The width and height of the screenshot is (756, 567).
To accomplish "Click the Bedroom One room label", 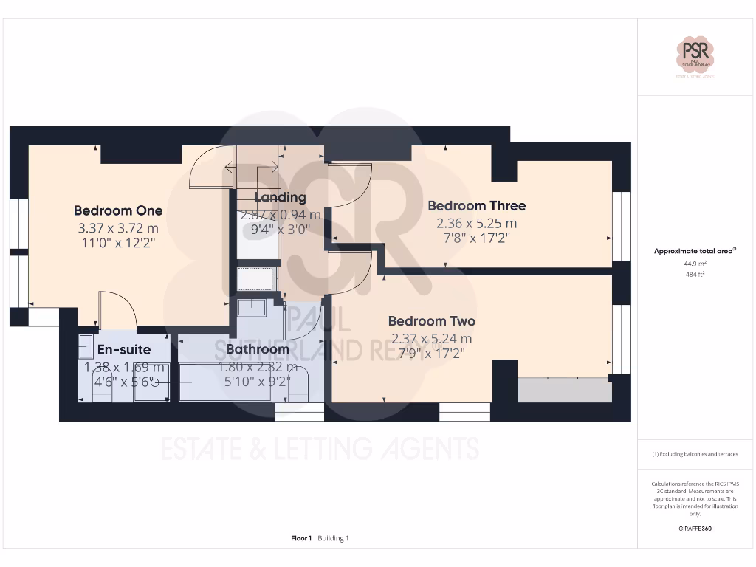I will pos(118,210).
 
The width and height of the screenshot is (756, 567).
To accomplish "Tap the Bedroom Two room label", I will pos(432,321).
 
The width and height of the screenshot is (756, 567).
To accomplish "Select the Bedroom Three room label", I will pos(476,206).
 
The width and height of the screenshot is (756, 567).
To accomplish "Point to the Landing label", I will pos(280,197).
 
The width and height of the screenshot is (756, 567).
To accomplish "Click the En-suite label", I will pos(124,349).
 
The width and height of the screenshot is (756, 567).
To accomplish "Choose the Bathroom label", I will pos(257,349).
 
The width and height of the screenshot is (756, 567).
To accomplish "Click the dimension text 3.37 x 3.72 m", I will pos(118,228).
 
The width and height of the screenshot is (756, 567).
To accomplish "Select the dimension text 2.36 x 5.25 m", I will pos(476,223).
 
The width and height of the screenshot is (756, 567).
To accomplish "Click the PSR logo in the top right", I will pos(696,55).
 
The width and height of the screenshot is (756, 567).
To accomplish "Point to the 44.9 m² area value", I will pos(695,263).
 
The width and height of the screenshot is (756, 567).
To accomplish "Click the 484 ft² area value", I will pos(695,274).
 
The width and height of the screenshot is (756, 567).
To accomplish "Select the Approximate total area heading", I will pos(695,251).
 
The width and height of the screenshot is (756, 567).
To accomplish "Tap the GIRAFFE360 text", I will pos(696,529).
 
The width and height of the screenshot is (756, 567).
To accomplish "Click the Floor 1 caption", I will pos(301,538).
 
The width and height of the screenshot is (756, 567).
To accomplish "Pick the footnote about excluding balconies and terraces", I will pos(695,454).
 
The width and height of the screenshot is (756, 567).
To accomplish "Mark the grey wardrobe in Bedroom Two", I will pos(564,391).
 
